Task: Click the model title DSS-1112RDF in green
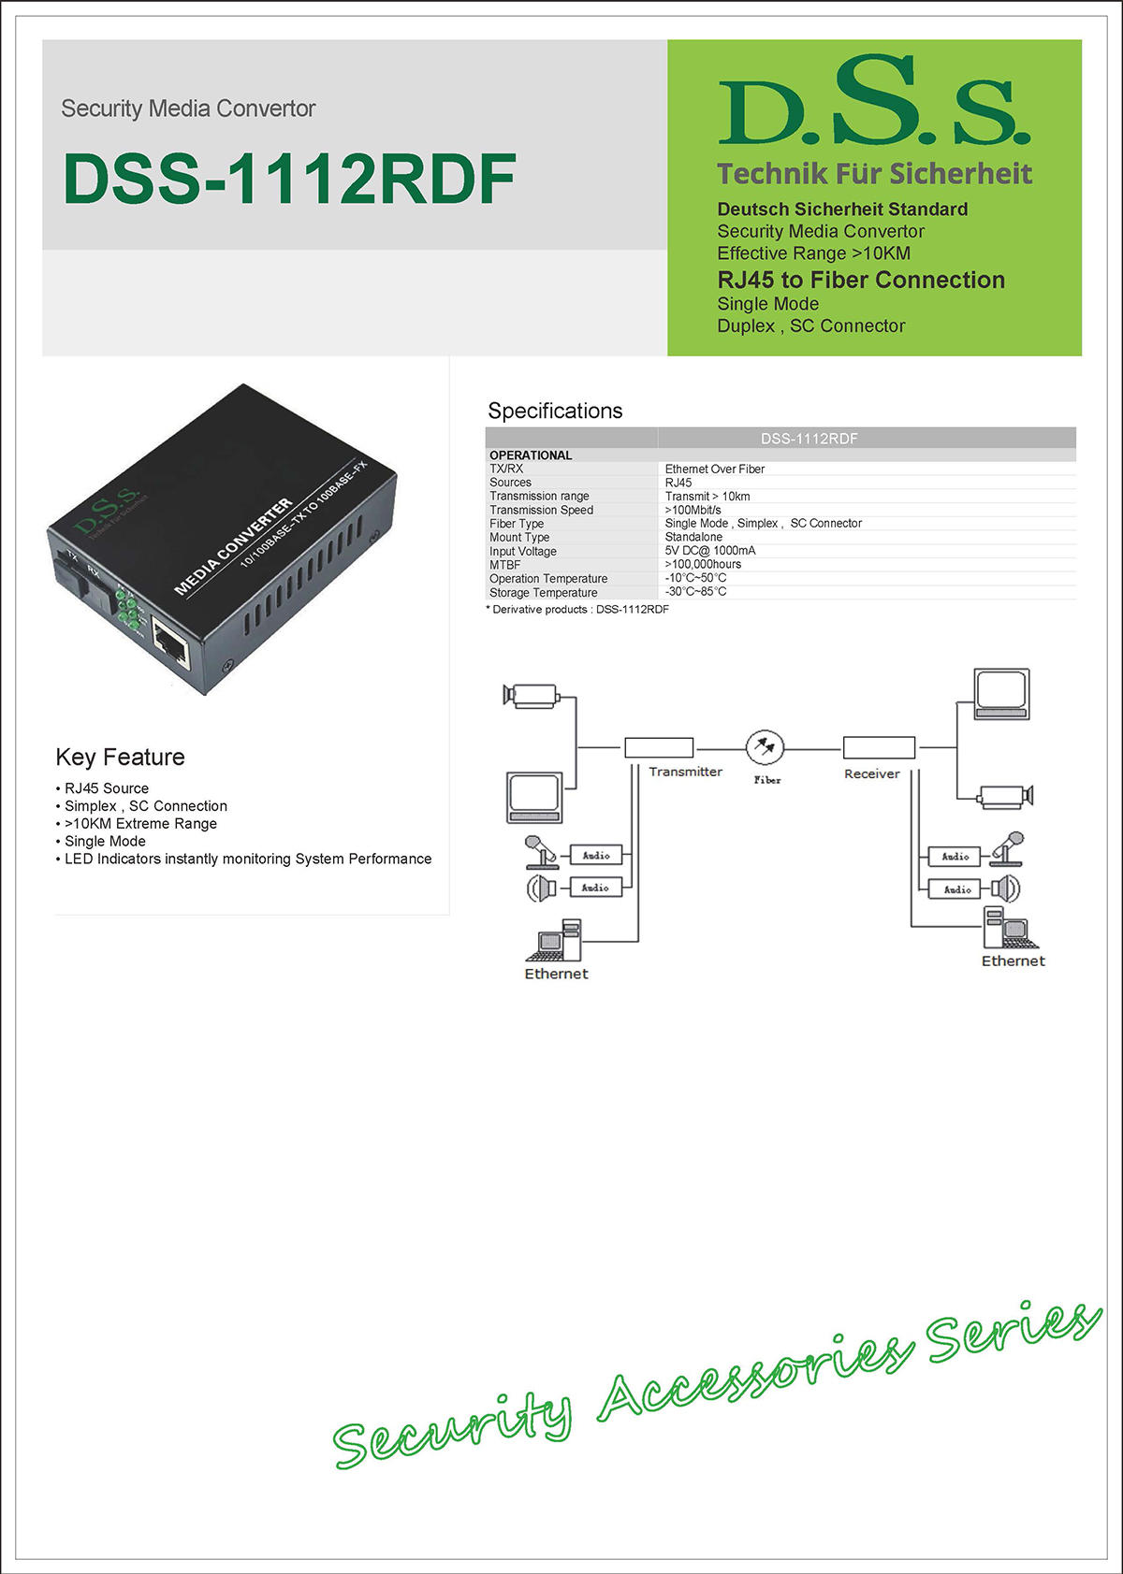(x=289, y=179)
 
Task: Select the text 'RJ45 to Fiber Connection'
(x=861, y=280)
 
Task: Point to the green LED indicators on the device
(x=128, y=608)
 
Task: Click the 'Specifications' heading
(x=555, y=411)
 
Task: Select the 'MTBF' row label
(x=504, y=565)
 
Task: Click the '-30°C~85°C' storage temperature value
(x=695, y=592)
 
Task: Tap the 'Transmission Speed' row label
(x=541, y=510)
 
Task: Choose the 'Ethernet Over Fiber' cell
(x=715, y=469)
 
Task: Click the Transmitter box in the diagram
(x=659, y=747)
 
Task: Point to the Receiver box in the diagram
(x=879, y=747)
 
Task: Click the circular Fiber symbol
(x=766, y=747)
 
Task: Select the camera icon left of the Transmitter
(x=531, y=695)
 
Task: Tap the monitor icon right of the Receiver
(x=1001, y=694)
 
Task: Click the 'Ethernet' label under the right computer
(x=1013, y=960)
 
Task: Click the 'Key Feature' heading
(x=120, y=757)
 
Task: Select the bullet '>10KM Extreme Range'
(x=140, y=823)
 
